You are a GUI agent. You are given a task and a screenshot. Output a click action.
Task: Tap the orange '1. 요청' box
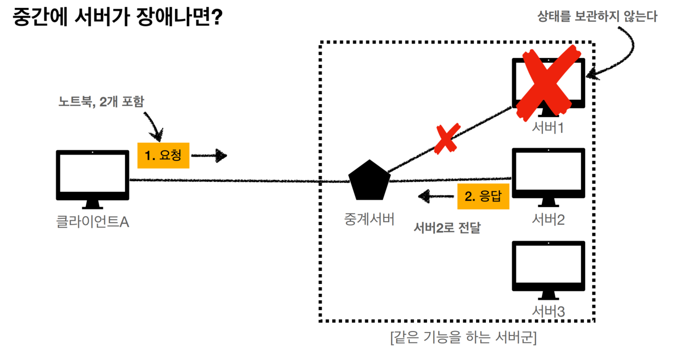point(163,155)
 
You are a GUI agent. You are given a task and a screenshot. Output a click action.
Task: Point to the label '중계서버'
point(369,218)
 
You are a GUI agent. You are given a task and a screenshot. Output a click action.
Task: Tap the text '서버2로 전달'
point(447,228)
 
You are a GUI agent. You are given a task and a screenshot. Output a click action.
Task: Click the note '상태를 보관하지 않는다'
point(597,17)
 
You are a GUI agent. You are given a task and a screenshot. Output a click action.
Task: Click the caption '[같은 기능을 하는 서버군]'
point(463,338)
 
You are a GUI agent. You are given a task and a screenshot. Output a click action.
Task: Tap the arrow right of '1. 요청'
point(209,156)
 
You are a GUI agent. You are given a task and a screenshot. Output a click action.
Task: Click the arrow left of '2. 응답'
point(436,197)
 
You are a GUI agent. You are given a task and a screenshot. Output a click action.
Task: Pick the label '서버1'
point(548,129)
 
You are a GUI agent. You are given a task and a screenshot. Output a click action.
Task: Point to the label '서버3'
point(548,311)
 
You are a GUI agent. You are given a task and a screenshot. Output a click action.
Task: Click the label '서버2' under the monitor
point(548,219)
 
